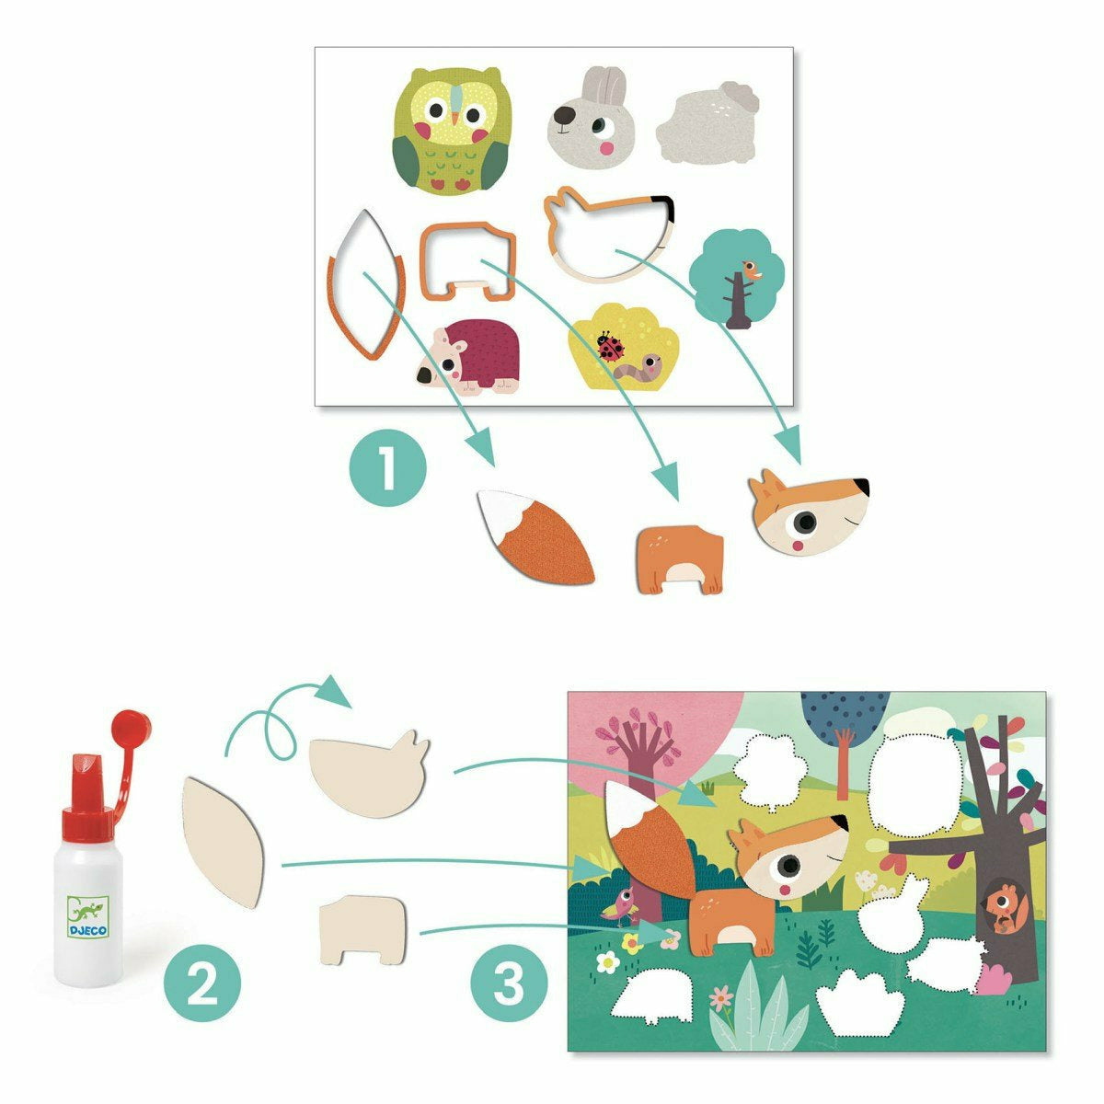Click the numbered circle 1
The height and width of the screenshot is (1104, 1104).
[388, 468]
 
